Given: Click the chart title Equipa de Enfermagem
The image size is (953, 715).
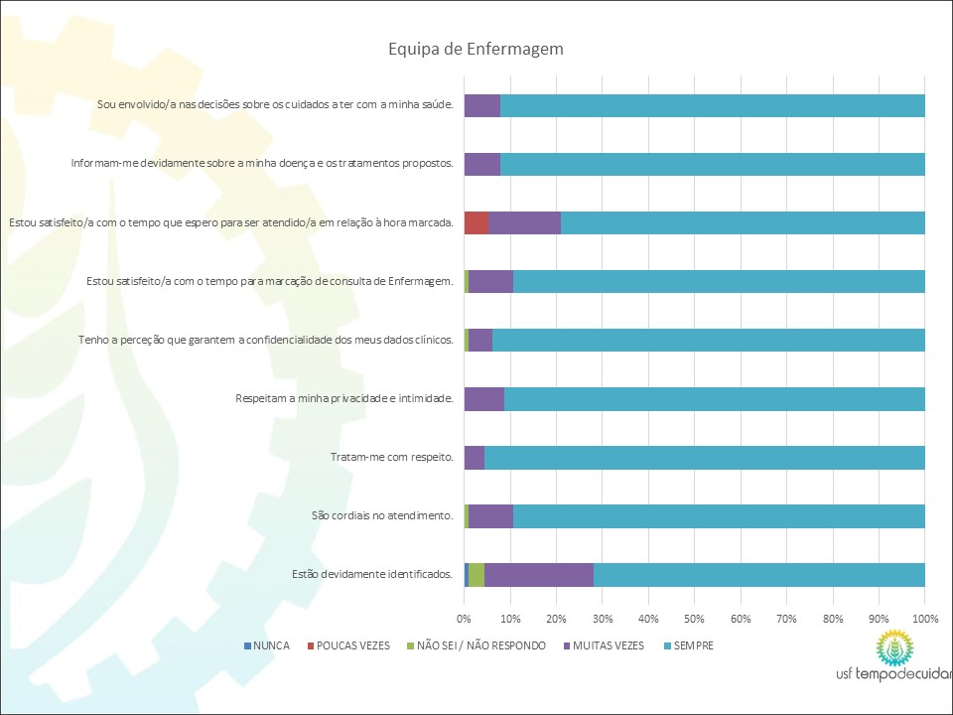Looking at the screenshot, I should pyautogui.click(x=476, y=49).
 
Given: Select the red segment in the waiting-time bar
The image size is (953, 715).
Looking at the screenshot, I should pyautogui.click(x=476, y=222).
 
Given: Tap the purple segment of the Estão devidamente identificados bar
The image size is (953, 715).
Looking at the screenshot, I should pyautogui.click(x=539, y=575).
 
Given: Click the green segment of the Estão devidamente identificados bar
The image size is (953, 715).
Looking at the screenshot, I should pyautogui.click(x=476, y=575).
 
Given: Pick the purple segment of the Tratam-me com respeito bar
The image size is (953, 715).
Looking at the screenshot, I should pyautogui.click(x=475, y=458).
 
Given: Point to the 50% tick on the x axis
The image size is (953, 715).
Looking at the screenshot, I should pyautogui.click(x=694, y=618).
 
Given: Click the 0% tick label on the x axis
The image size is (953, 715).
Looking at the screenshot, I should pyautogui.click(x=464, y=618).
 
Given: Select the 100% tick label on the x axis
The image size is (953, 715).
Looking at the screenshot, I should pyautogui.click(x=924, y=618).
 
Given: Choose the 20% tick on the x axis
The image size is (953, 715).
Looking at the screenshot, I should pyautogui.click(x=556, y=618).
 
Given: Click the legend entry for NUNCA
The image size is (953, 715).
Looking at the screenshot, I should pyautogui.click(x=267, y=645).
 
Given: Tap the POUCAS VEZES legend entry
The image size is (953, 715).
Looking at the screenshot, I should pyautogui.click(x=349, y=645).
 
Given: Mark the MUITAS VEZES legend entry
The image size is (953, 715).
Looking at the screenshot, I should pyautogui.click(x=604, y=645).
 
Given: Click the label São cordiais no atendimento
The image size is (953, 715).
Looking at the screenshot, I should pyautogui.click(x=382, y=515).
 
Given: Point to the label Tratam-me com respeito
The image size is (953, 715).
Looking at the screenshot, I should pyautogui.click(x=391, y=458).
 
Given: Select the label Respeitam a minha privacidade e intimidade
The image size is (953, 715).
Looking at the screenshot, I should pyautogui.click(x=344, y=399).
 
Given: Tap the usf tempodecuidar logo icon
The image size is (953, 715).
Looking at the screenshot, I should pyautogui.click(x=897, y=649).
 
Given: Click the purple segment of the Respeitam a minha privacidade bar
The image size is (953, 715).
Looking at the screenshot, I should pyautogui.click(x=484, y=399).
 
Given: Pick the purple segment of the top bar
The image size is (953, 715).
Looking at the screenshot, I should pyautogui.click(x=482, y=105).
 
